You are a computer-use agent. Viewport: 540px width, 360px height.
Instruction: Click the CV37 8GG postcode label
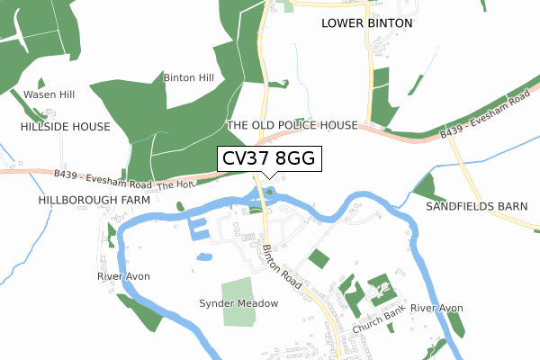265,159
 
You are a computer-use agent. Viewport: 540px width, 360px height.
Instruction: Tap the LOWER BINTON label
366,22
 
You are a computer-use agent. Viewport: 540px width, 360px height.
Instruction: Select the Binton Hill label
188,78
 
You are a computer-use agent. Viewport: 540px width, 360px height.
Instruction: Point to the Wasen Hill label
49,94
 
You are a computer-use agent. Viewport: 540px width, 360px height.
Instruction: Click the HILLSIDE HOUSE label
65,127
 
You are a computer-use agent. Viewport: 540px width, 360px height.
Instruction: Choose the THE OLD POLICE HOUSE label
292,125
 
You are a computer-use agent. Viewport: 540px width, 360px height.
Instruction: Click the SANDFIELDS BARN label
476,206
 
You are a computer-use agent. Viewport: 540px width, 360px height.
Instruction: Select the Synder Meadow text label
238,303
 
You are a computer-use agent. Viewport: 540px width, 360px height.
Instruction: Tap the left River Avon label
123,276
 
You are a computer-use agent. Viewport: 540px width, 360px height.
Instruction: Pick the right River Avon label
436,309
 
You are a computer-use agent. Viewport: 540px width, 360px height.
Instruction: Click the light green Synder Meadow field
239,299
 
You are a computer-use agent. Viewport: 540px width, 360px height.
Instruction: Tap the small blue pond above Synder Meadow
204,256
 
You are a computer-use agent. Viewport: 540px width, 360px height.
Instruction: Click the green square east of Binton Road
318,259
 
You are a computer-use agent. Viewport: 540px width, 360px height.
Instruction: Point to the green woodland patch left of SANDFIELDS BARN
424,188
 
